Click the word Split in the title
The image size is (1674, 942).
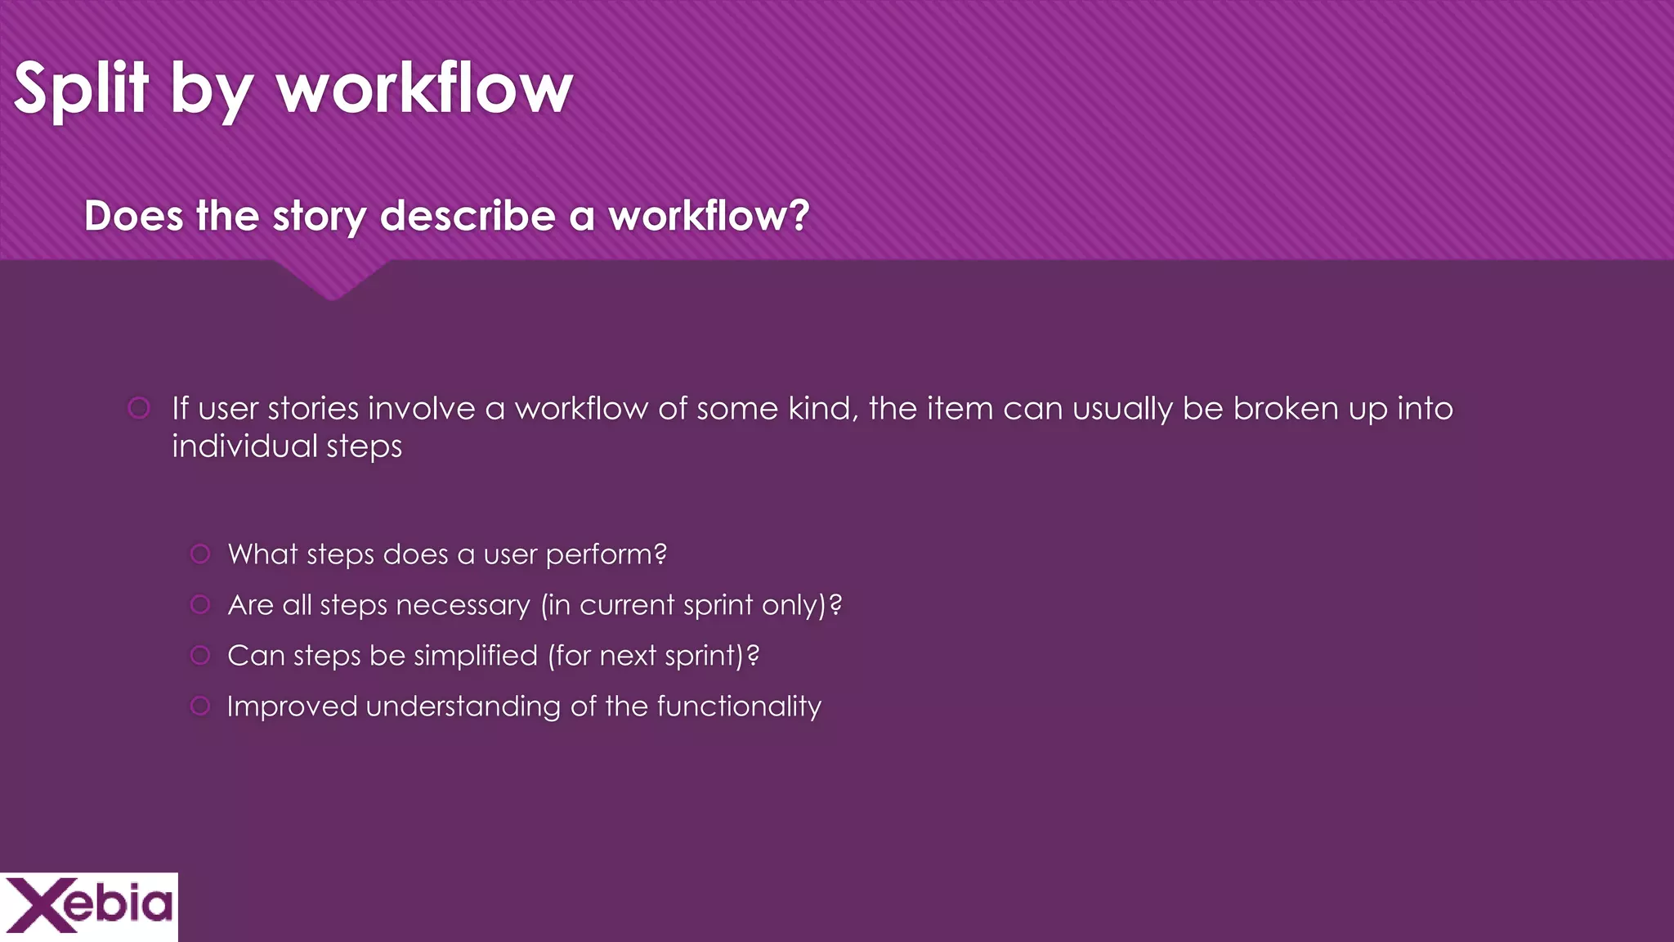click(81, 88)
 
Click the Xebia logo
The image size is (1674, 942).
click(88, 905)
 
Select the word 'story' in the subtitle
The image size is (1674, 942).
click(320, 218)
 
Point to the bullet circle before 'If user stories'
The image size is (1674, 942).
click(139, 407)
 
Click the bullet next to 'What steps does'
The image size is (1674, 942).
click(200, 554)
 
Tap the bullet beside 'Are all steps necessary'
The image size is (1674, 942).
click(200, 605)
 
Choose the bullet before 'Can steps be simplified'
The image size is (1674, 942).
click(200, 656)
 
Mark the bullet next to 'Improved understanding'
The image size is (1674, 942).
click(200, 706)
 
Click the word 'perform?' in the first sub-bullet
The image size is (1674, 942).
click(606, 555)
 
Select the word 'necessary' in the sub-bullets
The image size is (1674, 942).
click(463, 606)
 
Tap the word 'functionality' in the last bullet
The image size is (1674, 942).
click(739, 706)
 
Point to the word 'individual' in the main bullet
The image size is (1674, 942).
click(244, 446)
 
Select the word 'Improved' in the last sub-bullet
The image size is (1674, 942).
click(292, 706)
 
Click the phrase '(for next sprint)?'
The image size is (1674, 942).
click(653, 656)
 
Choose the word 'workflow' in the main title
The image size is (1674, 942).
click(425, 88)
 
